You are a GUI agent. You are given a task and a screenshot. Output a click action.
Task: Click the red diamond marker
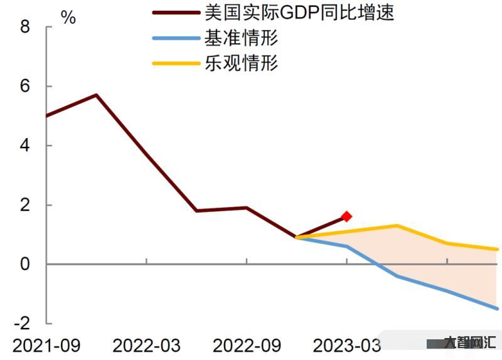point(346,216)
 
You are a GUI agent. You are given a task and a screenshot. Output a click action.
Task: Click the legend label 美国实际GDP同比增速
point(299,12)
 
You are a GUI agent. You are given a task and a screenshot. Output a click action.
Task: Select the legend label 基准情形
point(241,38)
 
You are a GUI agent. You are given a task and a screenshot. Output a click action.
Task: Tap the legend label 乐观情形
point(241,63)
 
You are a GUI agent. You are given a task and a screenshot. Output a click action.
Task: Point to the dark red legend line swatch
point(174,12)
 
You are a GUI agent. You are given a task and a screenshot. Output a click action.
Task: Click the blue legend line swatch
point(174,38)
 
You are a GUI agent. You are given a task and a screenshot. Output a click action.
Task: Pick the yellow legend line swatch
point(174,63)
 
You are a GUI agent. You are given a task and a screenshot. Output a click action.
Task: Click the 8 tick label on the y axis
point(25,27)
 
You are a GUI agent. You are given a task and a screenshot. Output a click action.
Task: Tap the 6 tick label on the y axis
point(25,87)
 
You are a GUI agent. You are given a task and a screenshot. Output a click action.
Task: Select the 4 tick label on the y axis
point(25,146)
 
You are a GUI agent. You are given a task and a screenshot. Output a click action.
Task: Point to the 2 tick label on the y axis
point(25,205)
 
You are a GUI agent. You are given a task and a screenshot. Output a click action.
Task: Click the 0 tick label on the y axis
point(25,264)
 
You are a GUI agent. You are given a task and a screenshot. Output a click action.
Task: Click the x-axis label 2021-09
point(46,346)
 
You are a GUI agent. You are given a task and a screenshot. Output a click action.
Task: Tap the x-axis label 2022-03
point(146,346)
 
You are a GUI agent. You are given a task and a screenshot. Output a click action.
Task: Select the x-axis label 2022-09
point(247,346)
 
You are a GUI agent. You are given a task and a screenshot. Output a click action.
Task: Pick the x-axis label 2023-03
point(346,346)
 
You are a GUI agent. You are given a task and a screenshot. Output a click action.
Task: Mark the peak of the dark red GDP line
point(96,95)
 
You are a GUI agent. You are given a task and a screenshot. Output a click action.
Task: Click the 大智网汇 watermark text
point(469,343)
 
